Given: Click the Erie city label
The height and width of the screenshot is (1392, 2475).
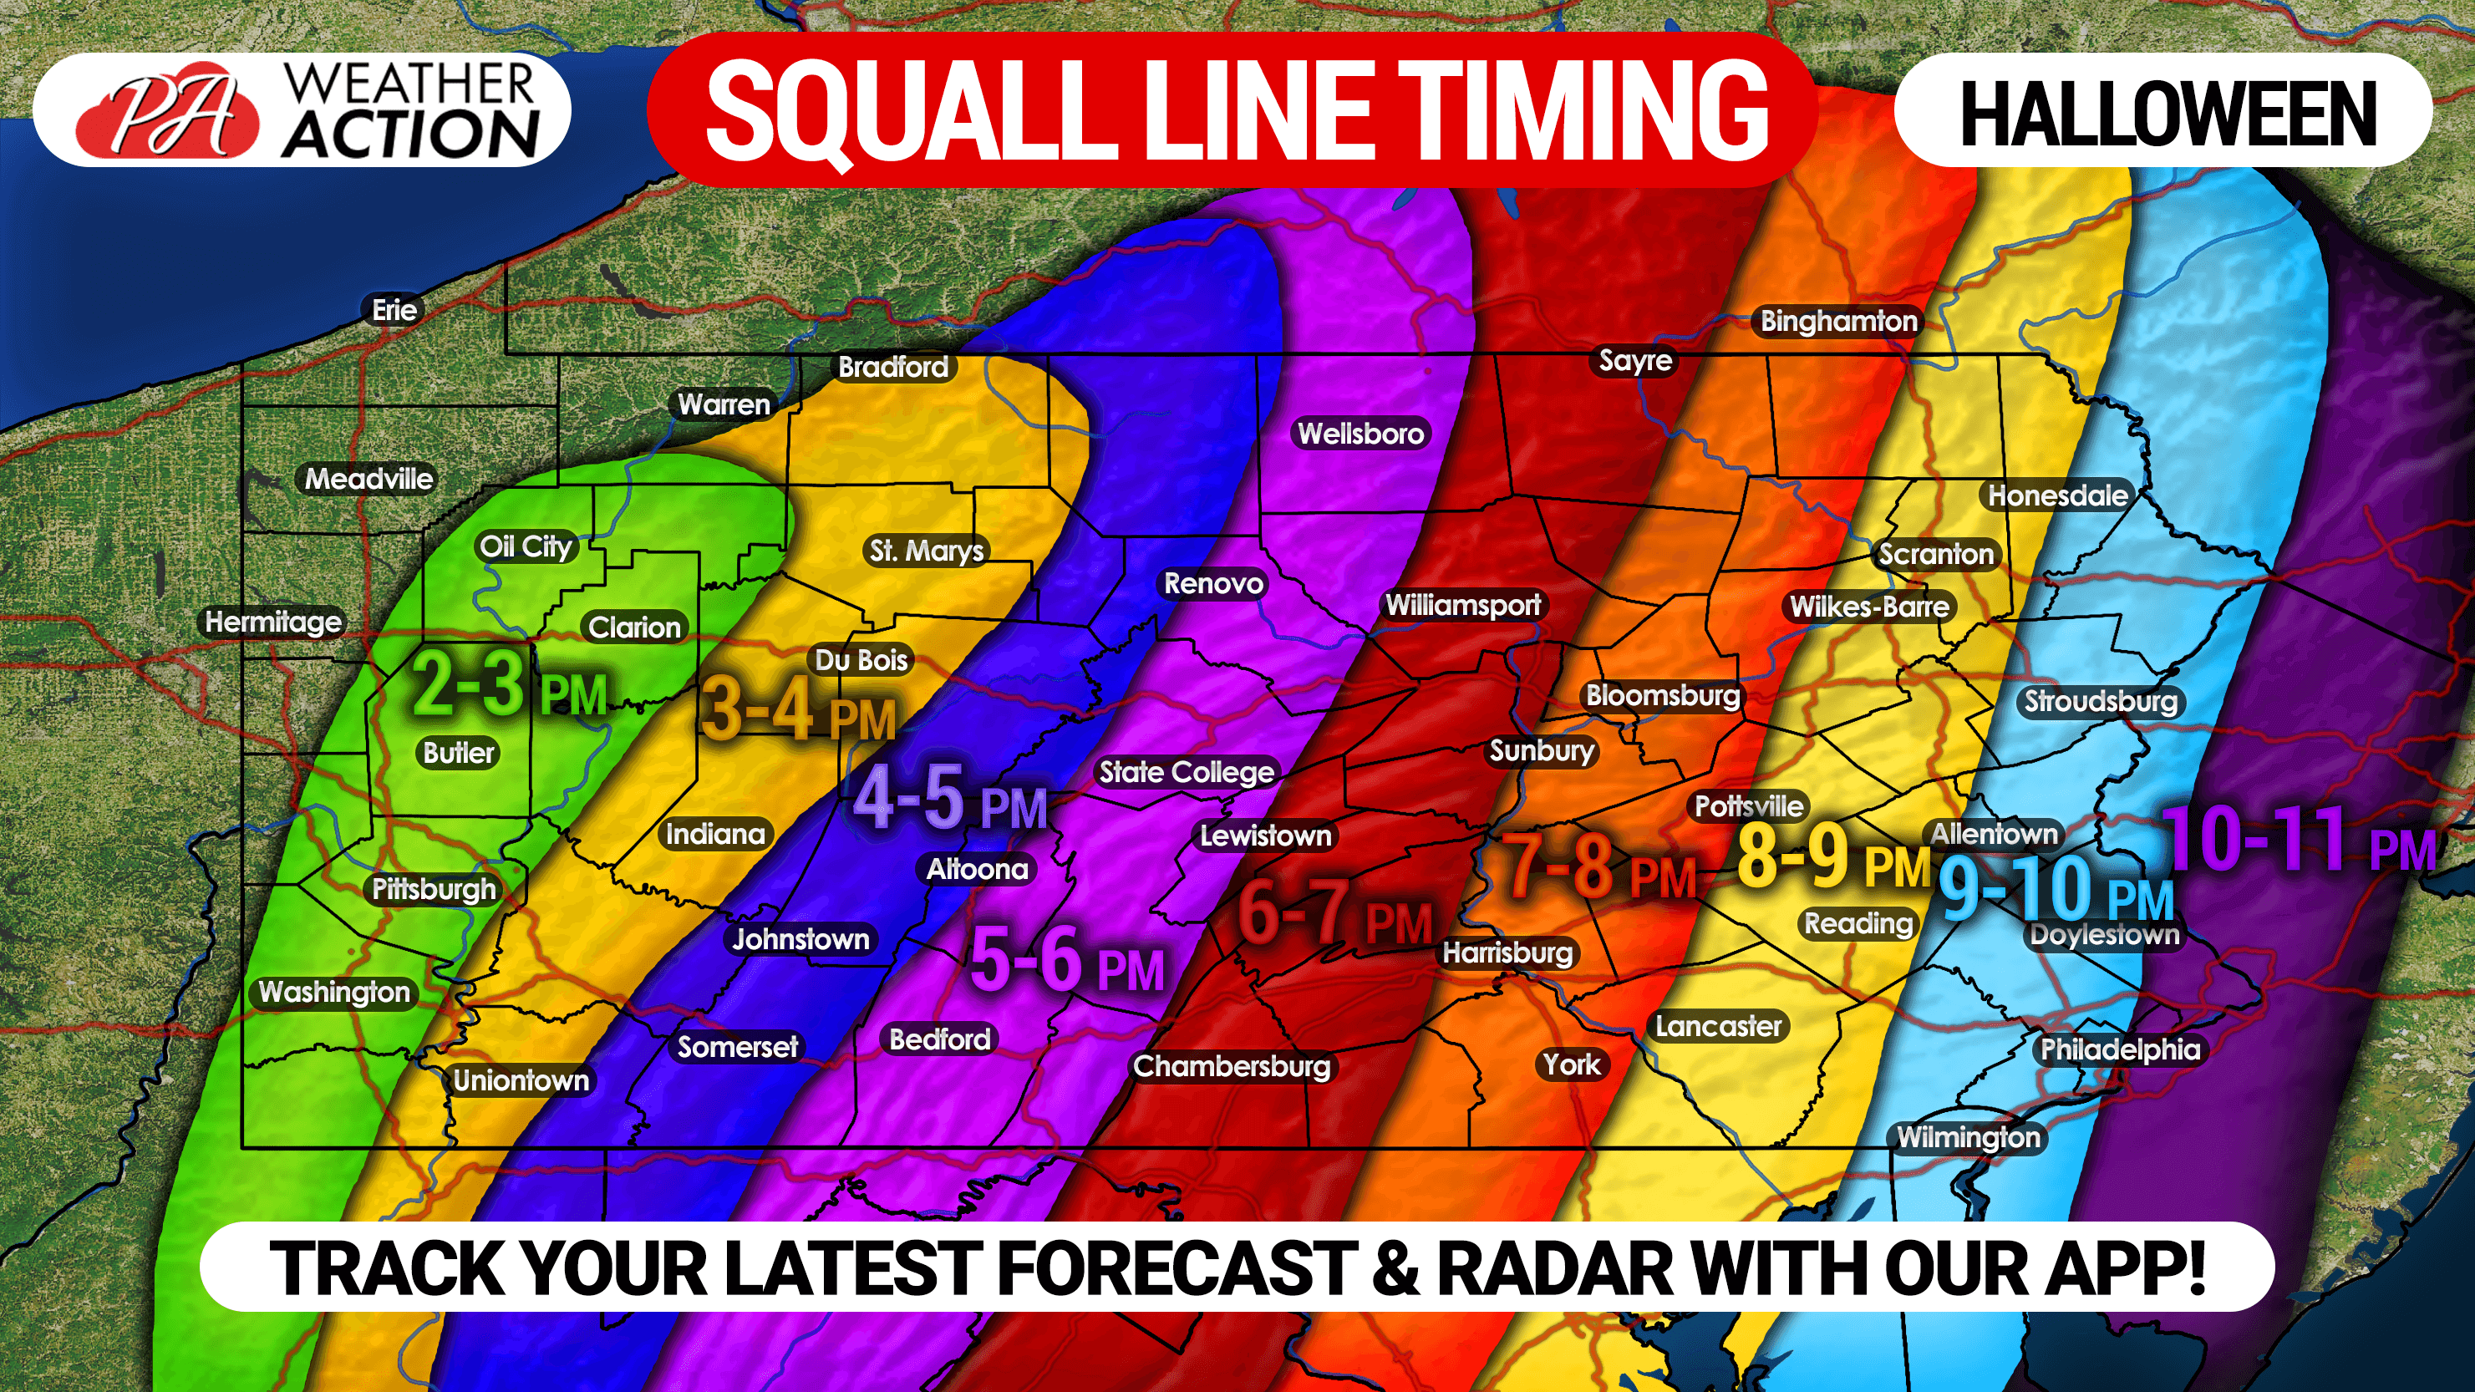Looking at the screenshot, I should (x=394, y=310).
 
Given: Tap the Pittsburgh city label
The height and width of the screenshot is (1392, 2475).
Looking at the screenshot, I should (x=434, y=889).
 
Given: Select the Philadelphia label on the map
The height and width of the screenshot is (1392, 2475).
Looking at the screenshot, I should (x=2120, y=1049).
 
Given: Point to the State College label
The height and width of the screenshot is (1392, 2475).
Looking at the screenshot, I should (x=1186, y=772).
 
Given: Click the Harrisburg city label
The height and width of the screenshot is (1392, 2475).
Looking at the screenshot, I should (x=1507, y=953).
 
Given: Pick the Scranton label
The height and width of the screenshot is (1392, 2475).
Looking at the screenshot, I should (x=1935, y=554).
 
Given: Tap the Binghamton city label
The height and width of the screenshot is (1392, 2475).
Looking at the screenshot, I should (x=1838, y=321).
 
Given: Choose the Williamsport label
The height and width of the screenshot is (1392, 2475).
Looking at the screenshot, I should (x=1462, y=605).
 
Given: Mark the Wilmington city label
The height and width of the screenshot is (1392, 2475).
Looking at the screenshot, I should (x=1968, y=1137).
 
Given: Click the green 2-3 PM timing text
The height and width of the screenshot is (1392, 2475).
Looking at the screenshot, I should (x=509, y=686).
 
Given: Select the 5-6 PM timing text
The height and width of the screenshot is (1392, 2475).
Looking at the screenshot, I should (x=1066, y=961).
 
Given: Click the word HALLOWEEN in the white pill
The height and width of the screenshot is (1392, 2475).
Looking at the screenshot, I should (x=2168, y=114).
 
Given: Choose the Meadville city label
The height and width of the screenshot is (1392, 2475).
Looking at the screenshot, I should (x=369, y=479).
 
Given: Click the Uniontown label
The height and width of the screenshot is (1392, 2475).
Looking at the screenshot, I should (x=521, y=1080).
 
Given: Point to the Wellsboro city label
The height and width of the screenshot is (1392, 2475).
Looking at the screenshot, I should (x=1360, y=434).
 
